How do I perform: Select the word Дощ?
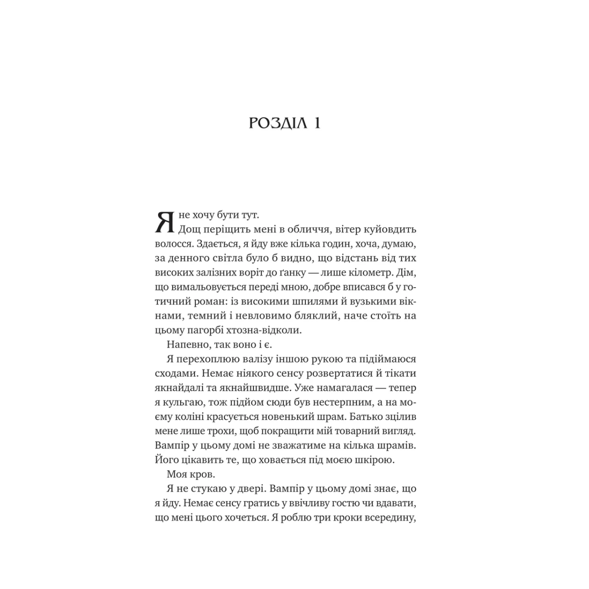tap(189, 230)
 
